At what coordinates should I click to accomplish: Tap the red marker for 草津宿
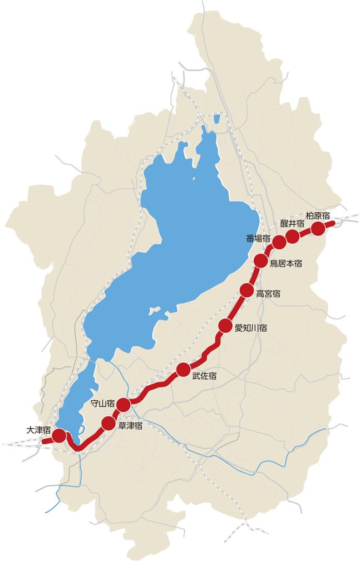click(x=109, y=424)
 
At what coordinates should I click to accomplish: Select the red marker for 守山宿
click(x=124, y=404)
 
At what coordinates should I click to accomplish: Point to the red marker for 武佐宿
click(x=183, y=369)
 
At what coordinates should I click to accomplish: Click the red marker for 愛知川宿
click(x=225, y=326)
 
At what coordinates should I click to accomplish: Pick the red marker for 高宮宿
click(x=246, y=289)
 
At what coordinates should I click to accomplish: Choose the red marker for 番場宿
click(x=279, y=242)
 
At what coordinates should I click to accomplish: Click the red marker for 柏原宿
click(x=318, y=228)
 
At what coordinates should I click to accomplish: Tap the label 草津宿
click(x=131, y=426)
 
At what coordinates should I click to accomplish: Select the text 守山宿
click(x=102, y=403)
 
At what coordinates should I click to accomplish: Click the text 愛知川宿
click(x=250, y=328)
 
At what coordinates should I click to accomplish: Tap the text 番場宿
click(x=258, y=239)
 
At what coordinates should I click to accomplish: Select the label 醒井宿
click(x=292, y=223)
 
